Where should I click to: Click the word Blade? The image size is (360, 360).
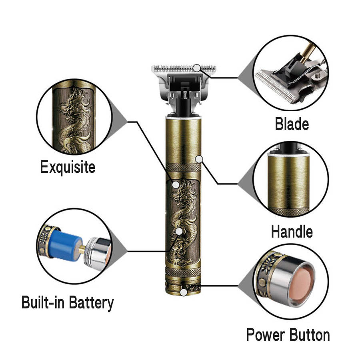(x=292, y=124)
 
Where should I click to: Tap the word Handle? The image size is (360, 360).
(x=292, y=232)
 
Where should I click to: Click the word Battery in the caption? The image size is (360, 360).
(x=91, y=303)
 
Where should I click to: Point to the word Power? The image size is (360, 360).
(x=265, y=335)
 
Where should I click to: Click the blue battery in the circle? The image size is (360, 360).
(x=65, y=245)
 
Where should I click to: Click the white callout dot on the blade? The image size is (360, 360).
(x=197, y=68)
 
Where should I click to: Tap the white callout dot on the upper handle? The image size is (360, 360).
(x=199, y=159)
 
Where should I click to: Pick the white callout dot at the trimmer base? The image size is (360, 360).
(x=184, y=292)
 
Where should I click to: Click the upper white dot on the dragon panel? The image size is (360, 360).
(x=176, y=185)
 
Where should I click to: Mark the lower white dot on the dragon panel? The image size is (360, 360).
(x=179, y=231)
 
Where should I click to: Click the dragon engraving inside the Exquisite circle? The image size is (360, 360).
(x=74, y=120)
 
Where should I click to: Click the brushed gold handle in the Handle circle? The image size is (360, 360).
(x=288, y=181)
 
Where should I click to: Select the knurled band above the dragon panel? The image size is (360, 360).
(x=184, y=167)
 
